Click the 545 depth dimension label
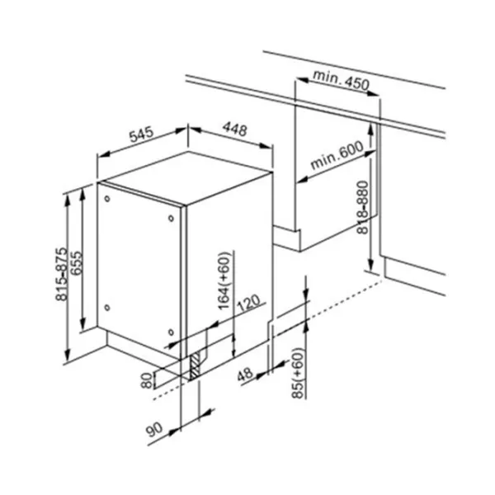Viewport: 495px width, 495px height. [141, 134]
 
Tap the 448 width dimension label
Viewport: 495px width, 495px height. [235, 129]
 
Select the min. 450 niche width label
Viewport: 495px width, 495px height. [341, 80]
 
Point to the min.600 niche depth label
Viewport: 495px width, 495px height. [337, 155]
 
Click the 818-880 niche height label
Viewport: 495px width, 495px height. [363, 207]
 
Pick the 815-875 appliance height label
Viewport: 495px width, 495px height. [61, 274]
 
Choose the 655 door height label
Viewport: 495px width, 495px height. [76, 263]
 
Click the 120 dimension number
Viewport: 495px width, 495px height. [248, 303]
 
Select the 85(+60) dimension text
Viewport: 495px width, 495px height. [298, 373]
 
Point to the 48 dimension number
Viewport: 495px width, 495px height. [245, 375]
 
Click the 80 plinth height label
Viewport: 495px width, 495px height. [146, 380]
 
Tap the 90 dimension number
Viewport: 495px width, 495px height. [154, 430]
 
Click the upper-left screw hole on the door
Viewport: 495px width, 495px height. [107, 199]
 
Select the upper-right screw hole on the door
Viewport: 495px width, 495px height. [171, 218]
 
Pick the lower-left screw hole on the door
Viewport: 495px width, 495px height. [107, 308]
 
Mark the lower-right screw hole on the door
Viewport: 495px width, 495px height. [171, 332]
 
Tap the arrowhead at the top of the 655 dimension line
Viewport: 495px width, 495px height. [82, 193]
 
